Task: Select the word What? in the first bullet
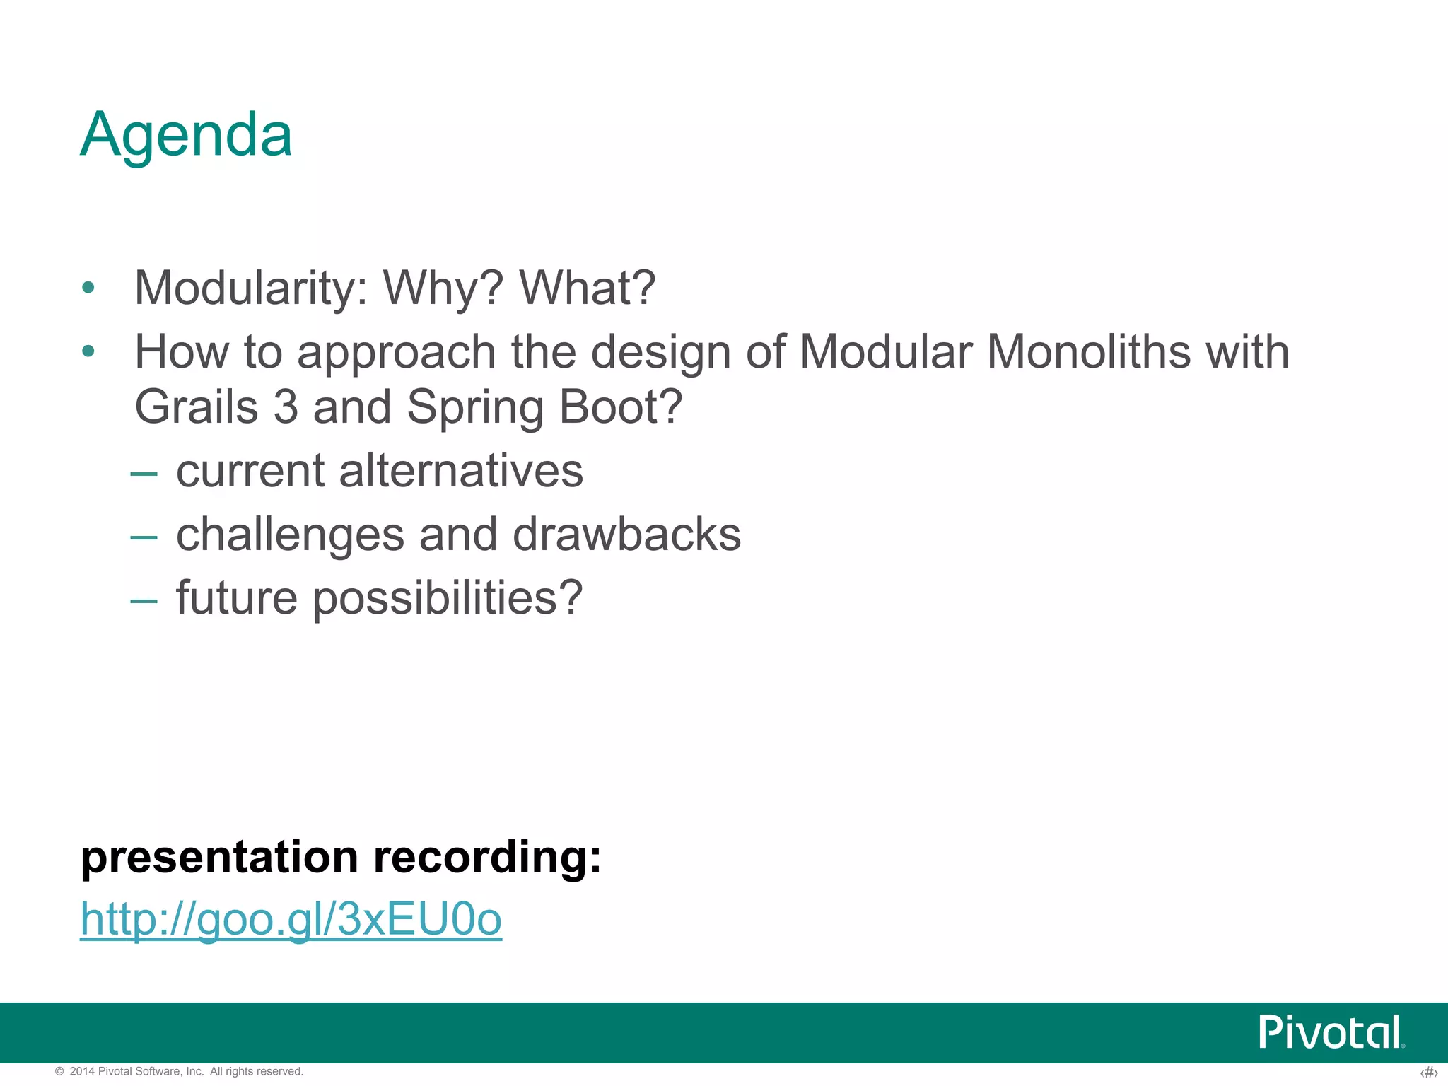pos(587,288)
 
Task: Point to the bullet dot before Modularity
pos(88,288)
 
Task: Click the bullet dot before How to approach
pos(88,351)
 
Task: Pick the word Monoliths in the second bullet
pos(1088,351)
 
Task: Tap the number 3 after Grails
pos(285,407)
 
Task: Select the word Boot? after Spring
pos(621,407)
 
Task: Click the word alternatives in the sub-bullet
pos(461,471)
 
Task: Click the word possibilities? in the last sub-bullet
pos(447,598)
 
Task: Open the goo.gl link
pos(291,919)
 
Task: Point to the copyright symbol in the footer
pos(59,1072)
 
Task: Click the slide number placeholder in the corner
pos(1428,1073)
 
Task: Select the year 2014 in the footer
pos(82,1072)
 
